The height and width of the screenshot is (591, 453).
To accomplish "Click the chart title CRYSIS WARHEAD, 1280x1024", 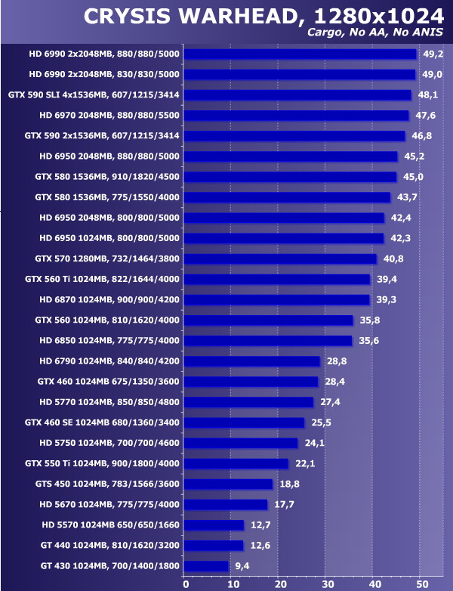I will [263, 16].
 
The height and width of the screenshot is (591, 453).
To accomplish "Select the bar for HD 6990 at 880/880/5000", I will [300, 54].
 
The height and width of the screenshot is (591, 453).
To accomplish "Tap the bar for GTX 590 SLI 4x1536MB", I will [297, 95].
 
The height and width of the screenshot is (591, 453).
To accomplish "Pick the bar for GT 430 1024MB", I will [206, 565].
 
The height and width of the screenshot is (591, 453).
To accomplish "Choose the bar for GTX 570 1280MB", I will [280, 258].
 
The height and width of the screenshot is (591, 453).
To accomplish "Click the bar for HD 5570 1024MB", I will [214, 524].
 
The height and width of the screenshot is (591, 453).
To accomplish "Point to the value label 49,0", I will [432, 75].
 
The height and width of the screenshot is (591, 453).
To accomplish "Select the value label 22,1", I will [304, 463].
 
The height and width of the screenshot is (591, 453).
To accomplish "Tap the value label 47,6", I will [425, 116].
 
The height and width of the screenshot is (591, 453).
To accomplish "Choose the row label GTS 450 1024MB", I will [107, 484].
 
